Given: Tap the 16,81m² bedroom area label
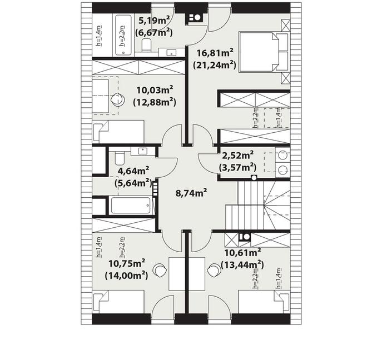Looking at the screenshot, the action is [x=215, y=53].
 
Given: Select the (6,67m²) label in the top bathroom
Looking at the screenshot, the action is [x=154, y=32].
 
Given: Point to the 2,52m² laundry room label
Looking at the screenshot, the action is [x=237, y=155].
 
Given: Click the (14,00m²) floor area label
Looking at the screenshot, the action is [x=127, y=276].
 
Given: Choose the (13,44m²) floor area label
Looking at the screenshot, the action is [x=242, y=264].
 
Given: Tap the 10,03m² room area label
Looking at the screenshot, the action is [x=155, y=90].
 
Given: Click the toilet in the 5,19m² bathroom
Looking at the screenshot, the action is [x=147, y=45].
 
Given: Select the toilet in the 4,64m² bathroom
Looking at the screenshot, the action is [x=120, y=158].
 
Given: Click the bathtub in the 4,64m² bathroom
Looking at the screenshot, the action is [x=131, y=206].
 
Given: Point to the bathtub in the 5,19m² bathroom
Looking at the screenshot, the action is [x=122, y=35].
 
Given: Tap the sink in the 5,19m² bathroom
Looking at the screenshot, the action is [x=171, y=52].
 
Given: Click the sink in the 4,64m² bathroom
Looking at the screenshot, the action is [x=142, y=151].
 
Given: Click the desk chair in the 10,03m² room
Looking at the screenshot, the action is [x=117, y=99].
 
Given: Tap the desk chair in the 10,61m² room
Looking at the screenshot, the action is [x=214, y=270].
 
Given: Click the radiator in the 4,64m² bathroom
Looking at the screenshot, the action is [x=155, y=189].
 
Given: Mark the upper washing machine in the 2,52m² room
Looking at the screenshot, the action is [x=282, y=156].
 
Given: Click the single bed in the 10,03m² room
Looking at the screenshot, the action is [x=118, y=132].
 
